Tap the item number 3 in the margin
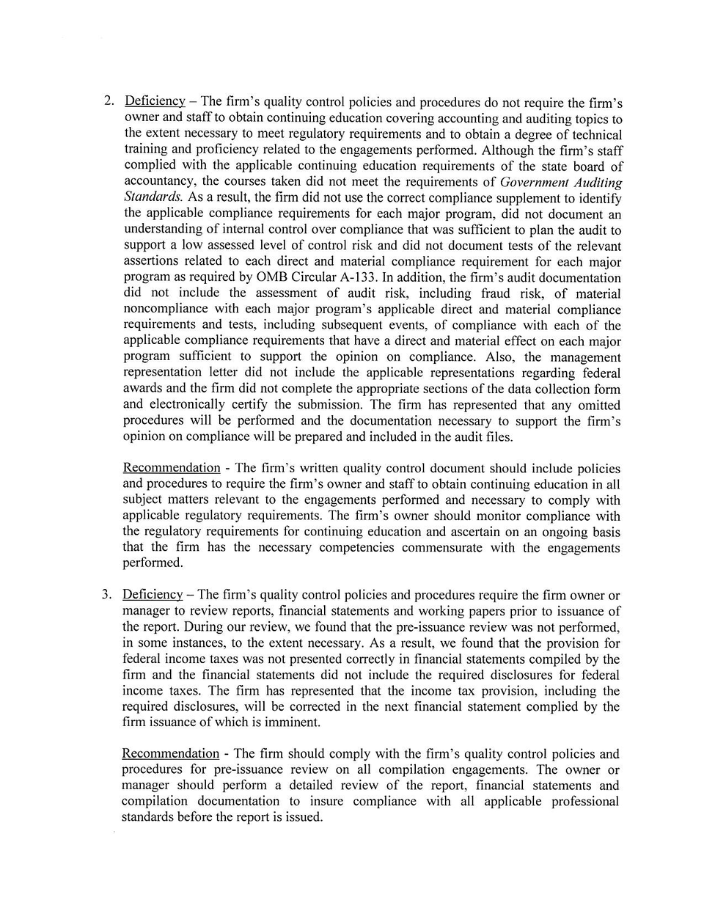106,595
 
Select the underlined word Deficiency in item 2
155,101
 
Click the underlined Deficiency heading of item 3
153,595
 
